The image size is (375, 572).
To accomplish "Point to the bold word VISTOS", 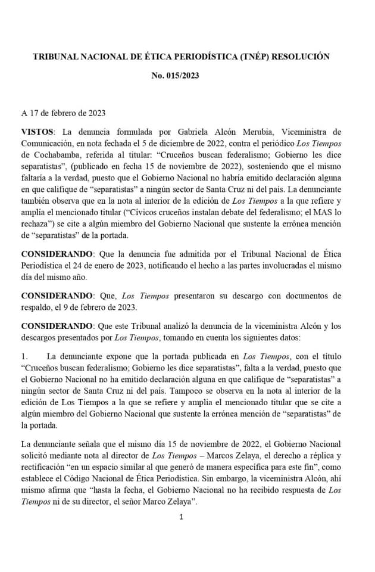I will coord(37,131).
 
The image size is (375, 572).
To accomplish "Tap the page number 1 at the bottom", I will coord(182,516).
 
